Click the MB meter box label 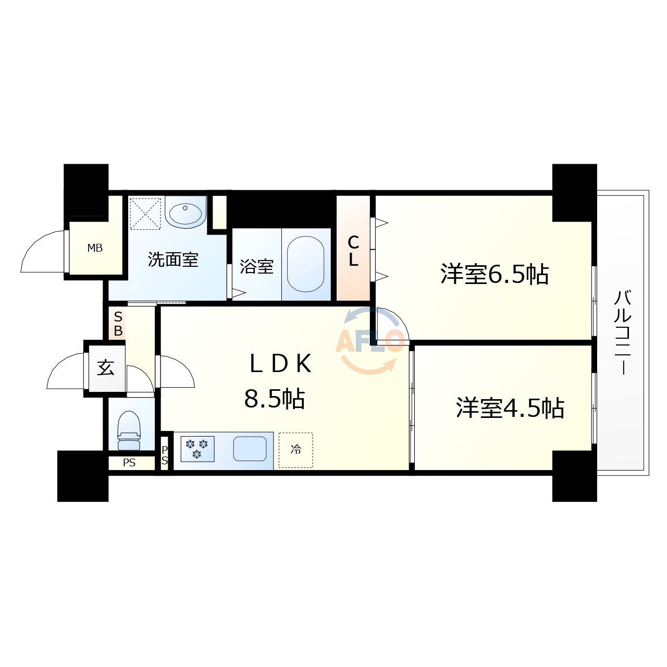[x=95, y=248]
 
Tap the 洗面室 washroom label [x=173, y=259]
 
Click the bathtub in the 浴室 [x=306, y=264]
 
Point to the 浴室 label [x=256, y=267]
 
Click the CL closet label [x=353, y=251]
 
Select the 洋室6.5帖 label [x=494, y=274]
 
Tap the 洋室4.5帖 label [x=510, y=408]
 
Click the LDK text [x=280, y=364]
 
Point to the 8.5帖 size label [x=275, y=399]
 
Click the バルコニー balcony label [x=623, y=332]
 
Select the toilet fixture [x=129, y=430]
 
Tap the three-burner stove [x=197, y=449]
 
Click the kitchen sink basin [x=250, y=449]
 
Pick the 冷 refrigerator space [x=296, y=450]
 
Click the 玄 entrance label [x=106, y=368]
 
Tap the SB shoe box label [x=118, y=324]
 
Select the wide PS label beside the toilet [x=129, y=463]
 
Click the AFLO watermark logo [x=370, y=341]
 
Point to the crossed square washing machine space [x=145, y=213]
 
